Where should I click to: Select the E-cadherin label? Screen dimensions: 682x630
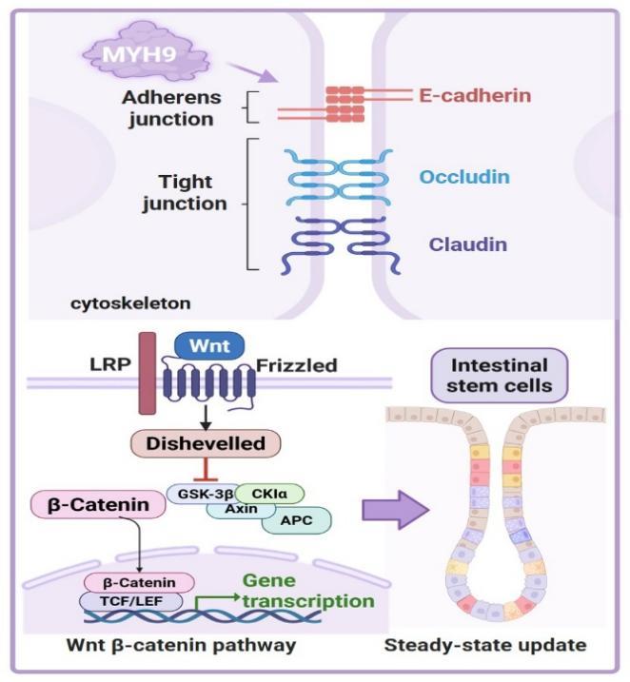click(x=474, y=96)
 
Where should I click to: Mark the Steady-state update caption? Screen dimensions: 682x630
click(x=484, y=647)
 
